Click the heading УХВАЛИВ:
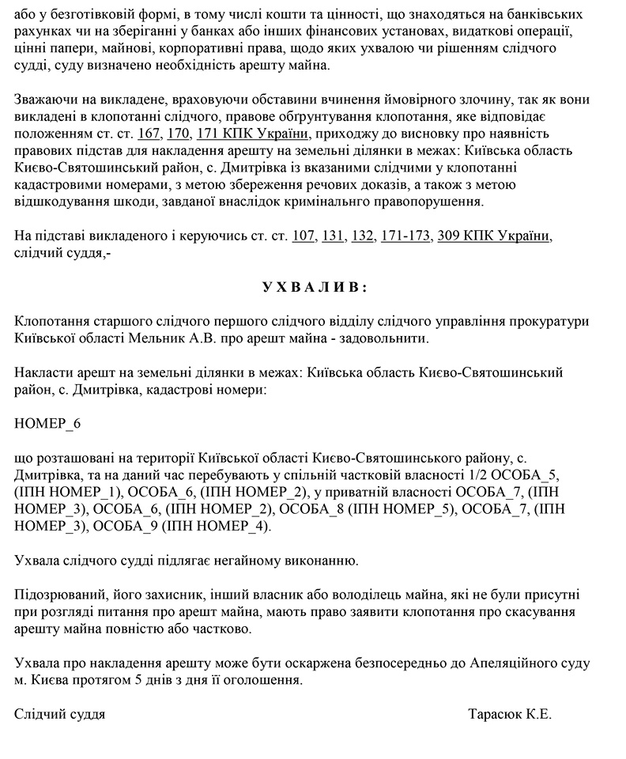(314, 287)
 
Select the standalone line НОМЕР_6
(47, 423)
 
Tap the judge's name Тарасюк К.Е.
(510, 714)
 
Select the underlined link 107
(304, 236)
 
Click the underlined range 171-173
(405, 236)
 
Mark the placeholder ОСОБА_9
(130, 525)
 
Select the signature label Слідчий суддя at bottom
(59, 714)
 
